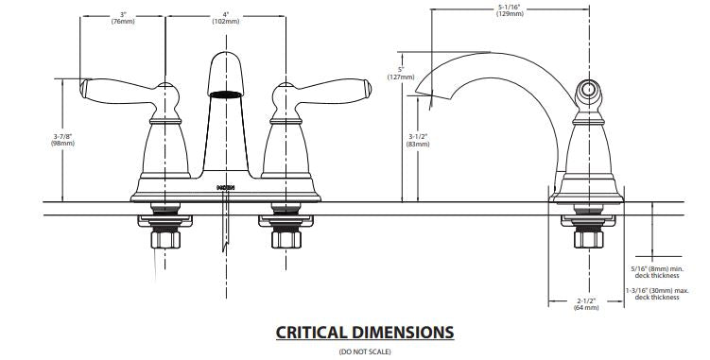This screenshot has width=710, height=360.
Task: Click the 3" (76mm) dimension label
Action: pos(123,18)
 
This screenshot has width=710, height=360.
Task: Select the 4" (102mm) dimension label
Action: pos(226,18)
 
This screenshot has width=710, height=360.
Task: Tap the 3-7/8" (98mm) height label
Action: pos(63,140)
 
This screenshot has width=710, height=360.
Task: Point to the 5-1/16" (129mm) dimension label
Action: pos(510,10)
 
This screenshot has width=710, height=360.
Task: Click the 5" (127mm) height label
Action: pos(401,74)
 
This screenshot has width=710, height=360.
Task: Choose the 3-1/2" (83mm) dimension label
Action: pos(418,141)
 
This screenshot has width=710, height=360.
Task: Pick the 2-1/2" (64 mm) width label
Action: pos(586,304)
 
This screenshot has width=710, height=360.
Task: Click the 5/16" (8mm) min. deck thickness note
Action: pos(657,272)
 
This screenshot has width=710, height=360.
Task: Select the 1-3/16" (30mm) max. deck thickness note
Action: pos(657,294)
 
